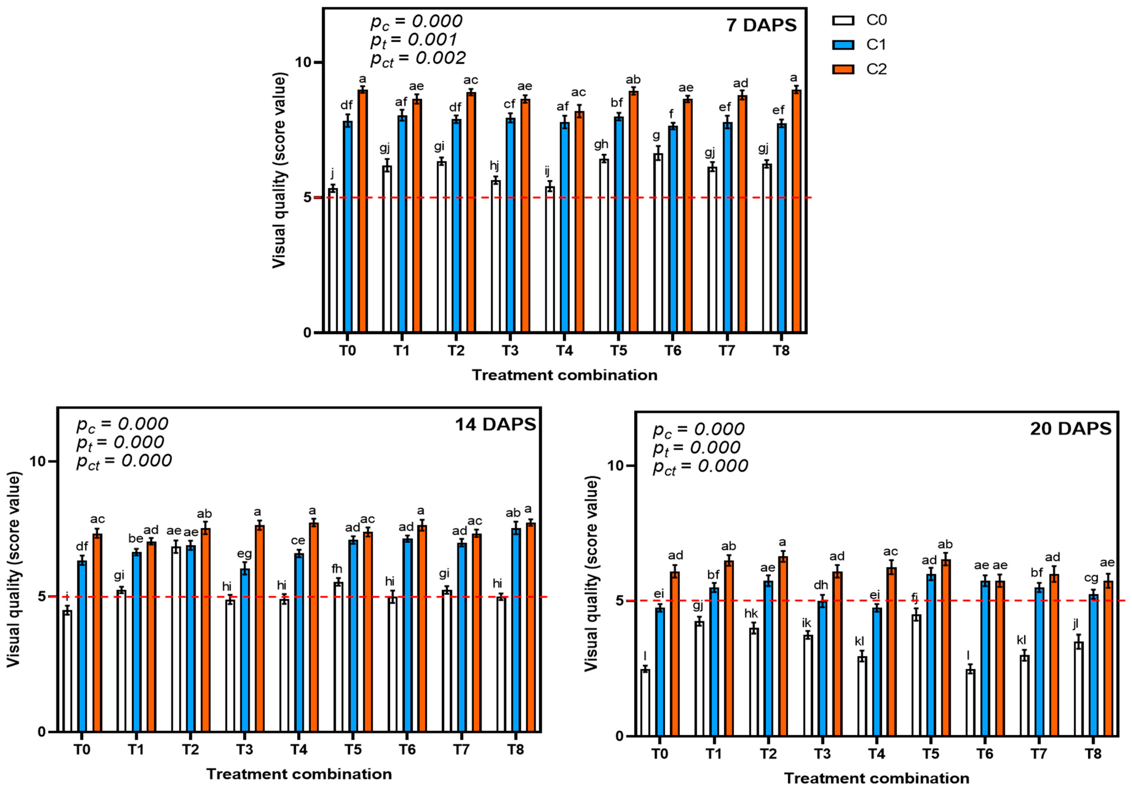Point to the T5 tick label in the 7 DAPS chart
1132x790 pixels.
(x=618, y=351)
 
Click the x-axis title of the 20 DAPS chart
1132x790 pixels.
(x=876, y=779)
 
